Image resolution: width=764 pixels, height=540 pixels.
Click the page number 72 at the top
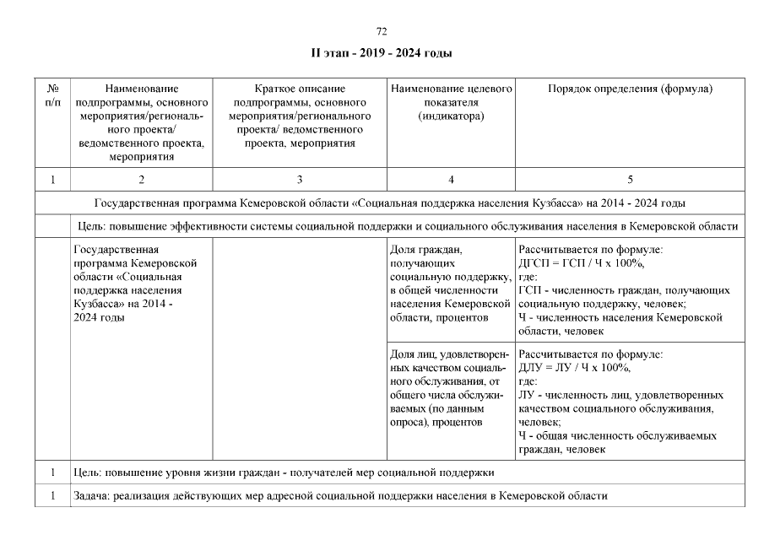click(x=381, y=31)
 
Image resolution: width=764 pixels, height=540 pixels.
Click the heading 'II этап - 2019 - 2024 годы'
click(x=382, y=54)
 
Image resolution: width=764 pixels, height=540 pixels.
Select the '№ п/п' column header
click(x=52, y=94)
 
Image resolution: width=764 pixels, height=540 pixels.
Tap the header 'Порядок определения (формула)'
click(x=630, y=89)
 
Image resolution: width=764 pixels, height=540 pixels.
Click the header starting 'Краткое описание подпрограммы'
click(x=300, y=116)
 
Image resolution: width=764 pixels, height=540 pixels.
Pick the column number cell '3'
click(x=300, y=179)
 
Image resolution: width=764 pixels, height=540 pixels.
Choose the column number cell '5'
click(x=630, y=179)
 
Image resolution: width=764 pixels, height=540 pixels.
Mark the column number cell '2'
click(x=141, y=179)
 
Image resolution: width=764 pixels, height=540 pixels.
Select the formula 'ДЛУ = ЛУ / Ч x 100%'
click(x=575, y=368)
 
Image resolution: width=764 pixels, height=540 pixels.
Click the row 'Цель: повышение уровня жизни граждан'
click(x=284, y=472)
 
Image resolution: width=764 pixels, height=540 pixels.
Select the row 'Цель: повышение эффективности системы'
click(x=406, y=226)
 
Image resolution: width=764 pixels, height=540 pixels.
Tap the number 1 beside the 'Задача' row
click(x=52, y=495)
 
